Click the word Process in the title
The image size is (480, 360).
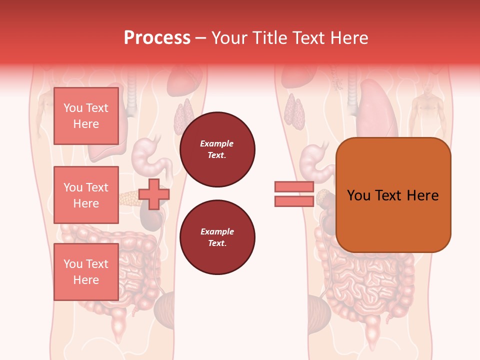157,38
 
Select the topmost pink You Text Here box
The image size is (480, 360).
86,116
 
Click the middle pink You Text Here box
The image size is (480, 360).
86,195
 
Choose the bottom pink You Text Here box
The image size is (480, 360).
86,272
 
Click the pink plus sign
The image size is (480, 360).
154,194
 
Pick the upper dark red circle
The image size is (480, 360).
217,149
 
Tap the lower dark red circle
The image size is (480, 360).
217,237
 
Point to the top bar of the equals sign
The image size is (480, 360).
294,186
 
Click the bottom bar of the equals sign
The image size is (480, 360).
294,201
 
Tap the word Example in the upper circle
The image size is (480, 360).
217,143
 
